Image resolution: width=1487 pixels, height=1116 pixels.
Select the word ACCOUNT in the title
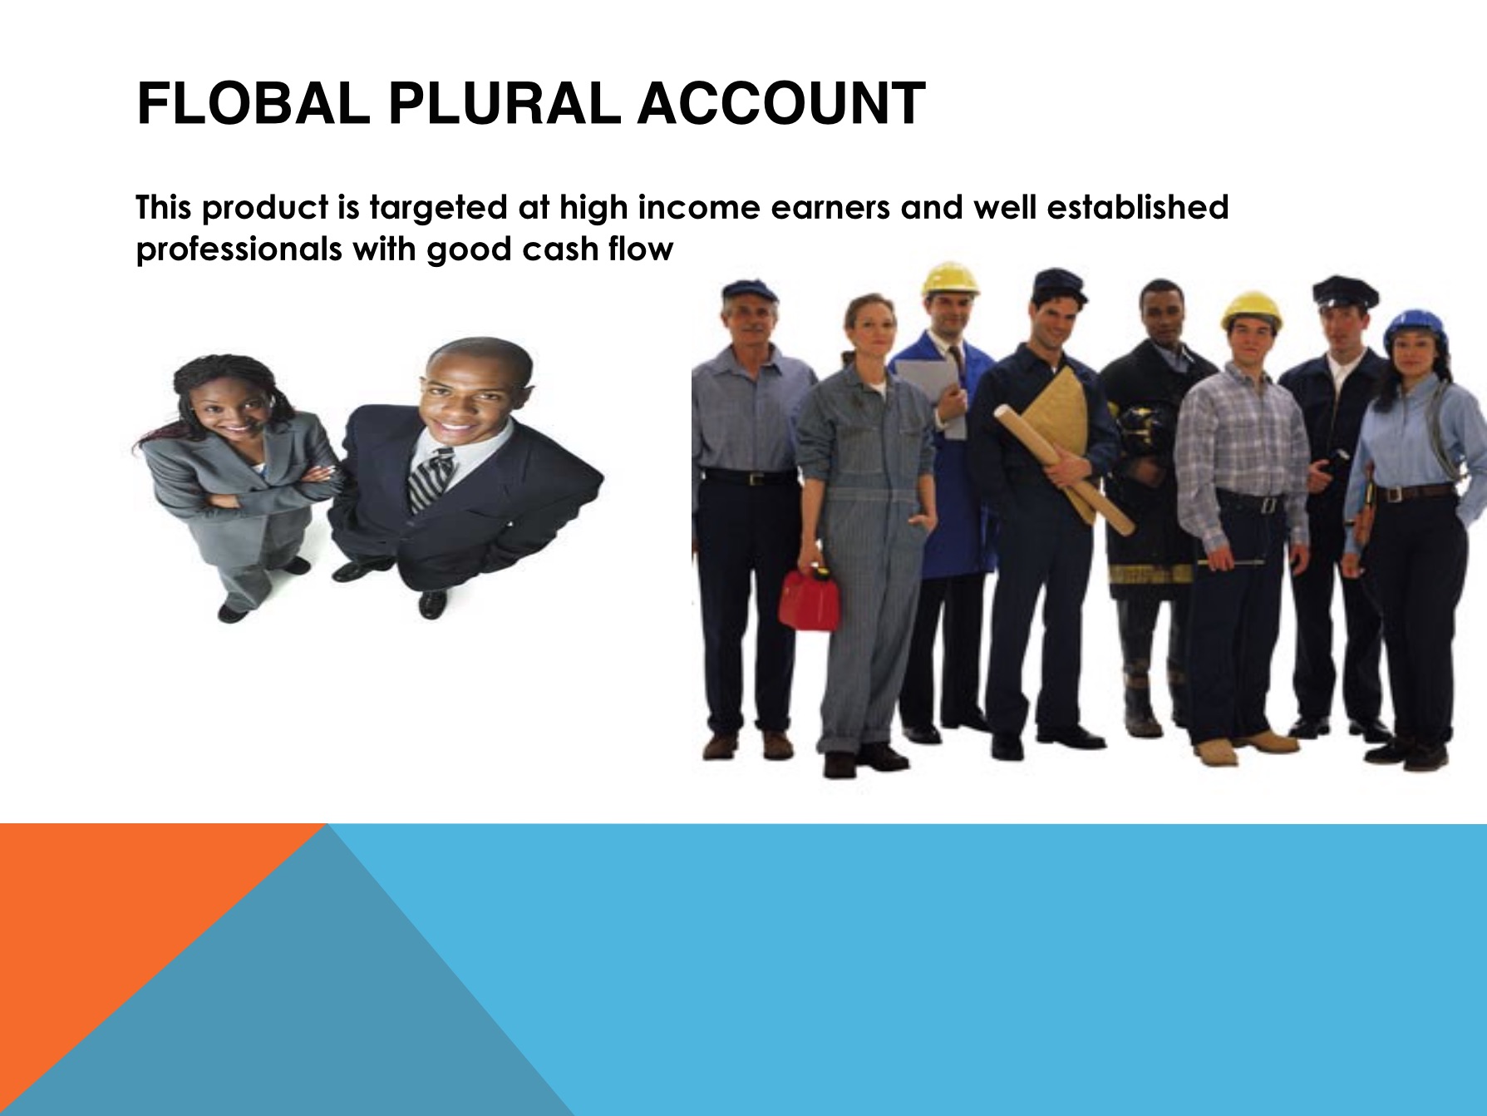coord(781,104)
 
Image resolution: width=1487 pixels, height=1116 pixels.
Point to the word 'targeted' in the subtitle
coord(439,208)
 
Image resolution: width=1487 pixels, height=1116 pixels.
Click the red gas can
coord(809,599)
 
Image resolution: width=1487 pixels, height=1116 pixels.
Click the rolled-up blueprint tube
coord(1064,468)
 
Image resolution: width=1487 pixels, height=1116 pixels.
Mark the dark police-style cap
coord(1345,293)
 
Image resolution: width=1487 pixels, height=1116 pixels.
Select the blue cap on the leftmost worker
coord(751,291)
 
